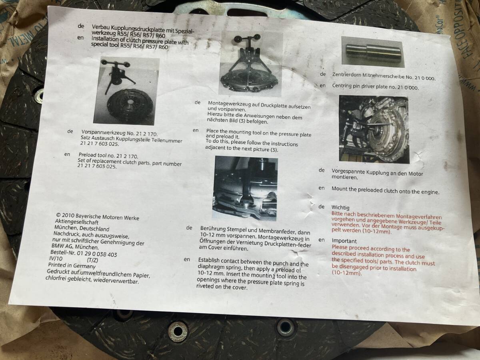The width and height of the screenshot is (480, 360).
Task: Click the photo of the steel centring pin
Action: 373,52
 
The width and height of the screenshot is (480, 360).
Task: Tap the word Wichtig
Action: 340,208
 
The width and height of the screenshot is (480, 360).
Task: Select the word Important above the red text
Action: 344,241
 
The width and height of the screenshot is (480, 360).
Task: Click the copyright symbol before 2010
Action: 58,215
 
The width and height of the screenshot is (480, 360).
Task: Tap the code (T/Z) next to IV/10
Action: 92,260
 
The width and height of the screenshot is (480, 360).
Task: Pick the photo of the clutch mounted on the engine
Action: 374,129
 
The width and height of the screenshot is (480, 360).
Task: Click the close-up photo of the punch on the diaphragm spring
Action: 245,188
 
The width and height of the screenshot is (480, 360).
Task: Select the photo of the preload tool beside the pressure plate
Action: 126,91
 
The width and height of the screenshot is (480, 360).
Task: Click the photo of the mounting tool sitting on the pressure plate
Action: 251,64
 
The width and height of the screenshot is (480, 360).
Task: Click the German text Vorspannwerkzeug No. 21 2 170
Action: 119,133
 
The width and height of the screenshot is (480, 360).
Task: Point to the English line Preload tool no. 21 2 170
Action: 108,156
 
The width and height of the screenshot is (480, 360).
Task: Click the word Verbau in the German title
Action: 100,27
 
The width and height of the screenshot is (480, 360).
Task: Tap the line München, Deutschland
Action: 82,228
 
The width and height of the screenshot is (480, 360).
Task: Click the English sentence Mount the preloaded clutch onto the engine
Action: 385,190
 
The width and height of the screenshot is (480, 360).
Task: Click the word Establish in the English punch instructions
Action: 209,260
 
